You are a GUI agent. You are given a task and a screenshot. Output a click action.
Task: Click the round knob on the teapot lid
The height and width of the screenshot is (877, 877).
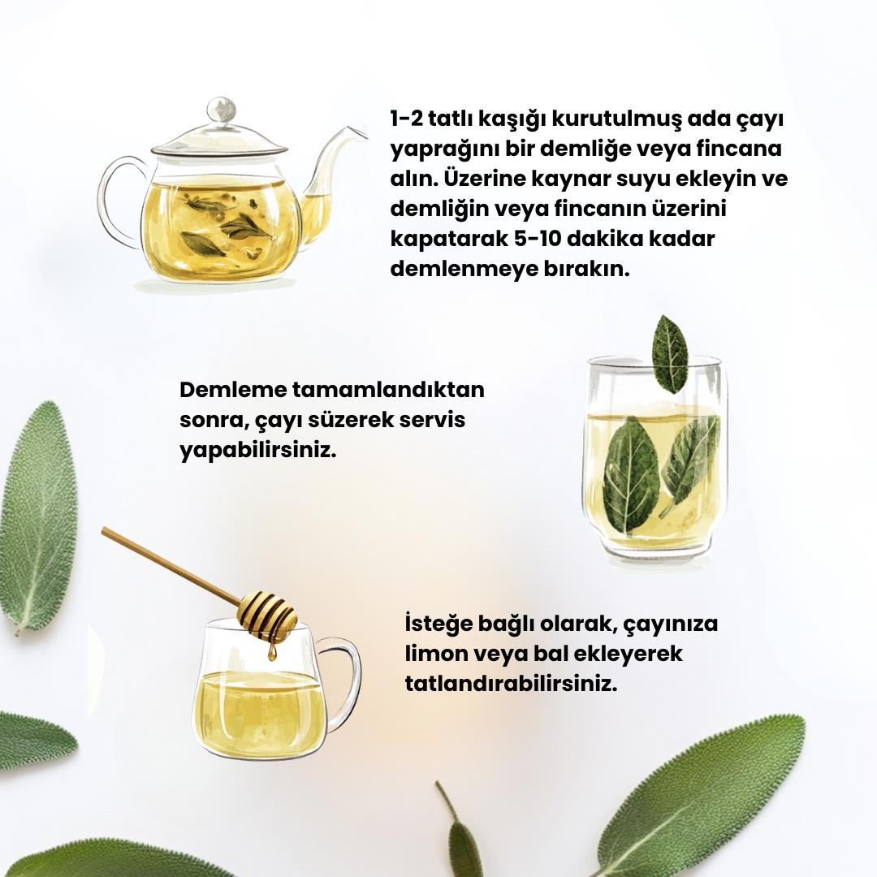click(x=222, y=110)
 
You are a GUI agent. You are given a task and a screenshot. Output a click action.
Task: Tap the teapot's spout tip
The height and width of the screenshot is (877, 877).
click(x=364, y=133)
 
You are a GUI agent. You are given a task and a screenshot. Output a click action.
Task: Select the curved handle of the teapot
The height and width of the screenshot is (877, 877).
click(x=119, y=201)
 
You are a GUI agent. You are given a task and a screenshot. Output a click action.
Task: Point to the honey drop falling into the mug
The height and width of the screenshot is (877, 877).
click(x=272, y=652)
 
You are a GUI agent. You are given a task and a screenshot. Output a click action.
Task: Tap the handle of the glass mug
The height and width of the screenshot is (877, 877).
click(x=343, y=687)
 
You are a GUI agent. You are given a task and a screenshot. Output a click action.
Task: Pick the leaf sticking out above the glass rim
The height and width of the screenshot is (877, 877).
click(x=670, y=354)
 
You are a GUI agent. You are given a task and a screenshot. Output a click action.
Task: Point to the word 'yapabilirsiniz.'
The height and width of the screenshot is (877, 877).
click(x=258, y=451)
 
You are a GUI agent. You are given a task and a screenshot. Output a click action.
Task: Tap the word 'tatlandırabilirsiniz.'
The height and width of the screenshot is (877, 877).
click(x=512, y=684)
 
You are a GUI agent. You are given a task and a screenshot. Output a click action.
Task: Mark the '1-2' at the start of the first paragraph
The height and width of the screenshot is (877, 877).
click(x=406, y=119)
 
